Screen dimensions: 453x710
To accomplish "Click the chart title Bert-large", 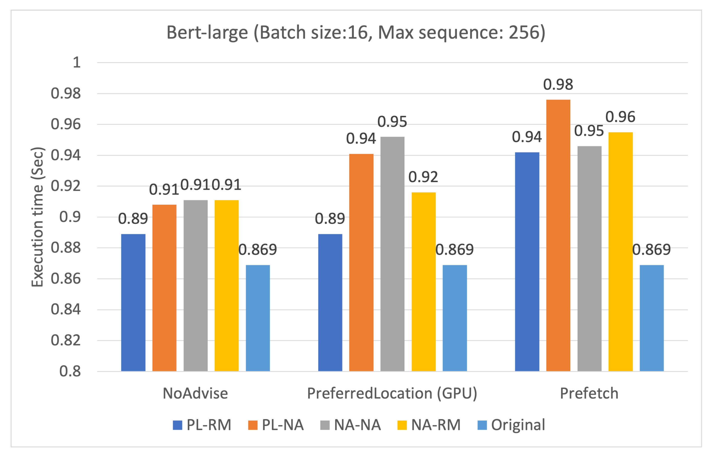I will coord(356,33).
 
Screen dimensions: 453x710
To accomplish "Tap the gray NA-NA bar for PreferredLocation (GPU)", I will coord(392,254).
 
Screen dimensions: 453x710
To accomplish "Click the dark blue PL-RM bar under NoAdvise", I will coord(133,302).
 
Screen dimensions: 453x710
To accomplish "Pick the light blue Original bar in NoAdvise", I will coord(258,318).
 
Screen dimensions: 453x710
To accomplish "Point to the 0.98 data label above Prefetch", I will coord(558,85).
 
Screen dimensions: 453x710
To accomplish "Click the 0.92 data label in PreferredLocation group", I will coord(423,177).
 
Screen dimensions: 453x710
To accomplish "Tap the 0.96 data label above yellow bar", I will coord(620,117).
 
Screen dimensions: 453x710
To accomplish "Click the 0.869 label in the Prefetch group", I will coord(651,249).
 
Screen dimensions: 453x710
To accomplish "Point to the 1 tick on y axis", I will coord(77,63).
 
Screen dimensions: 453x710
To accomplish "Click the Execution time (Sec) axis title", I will coord(37,217).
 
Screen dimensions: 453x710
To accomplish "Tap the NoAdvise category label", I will coord(195,393).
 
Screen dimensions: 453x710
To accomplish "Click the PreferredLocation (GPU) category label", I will coord(392,393).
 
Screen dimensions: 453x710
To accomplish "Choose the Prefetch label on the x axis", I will coord(589,393).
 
